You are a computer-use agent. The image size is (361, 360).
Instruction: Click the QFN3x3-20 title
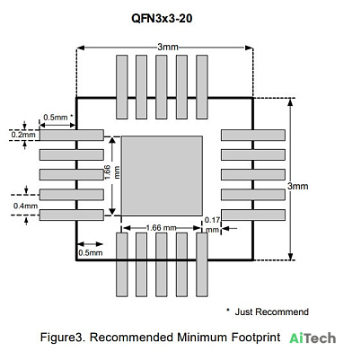click(162, 19)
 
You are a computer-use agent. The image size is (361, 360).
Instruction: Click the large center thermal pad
click(162, 176)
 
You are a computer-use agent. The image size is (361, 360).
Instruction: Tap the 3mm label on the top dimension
click(168, 47)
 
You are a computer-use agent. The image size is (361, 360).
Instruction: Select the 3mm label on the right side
click(297, 186)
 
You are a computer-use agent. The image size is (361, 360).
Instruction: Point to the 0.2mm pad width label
click(23, 135)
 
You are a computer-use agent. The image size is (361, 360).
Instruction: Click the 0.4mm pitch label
click(25, 206)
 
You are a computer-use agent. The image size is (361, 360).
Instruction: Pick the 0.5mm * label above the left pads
click(58, 118)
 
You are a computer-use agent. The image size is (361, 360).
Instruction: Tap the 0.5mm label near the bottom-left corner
click(91, 253)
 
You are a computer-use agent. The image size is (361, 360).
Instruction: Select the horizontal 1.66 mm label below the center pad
click(161, 228)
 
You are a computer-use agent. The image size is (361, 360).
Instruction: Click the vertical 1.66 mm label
click(112, 172)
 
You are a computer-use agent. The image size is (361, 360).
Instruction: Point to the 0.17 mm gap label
click(212, 224)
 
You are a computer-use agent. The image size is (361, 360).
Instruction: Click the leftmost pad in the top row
click(122, 87)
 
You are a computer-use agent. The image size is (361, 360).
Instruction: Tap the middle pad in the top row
click(162, 87)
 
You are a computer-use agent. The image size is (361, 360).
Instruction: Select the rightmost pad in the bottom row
click(202, 265)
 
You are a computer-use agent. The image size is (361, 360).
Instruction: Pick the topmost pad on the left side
click(72, 135)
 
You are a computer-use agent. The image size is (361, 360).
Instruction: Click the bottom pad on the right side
click(253, 215)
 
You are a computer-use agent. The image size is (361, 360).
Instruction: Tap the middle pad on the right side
click(253, 175)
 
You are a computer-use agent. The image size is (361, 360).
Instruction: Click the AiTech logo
click(313, 338)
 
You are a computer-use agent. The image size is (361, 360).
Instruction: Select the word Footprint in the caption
click(256, 338)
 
